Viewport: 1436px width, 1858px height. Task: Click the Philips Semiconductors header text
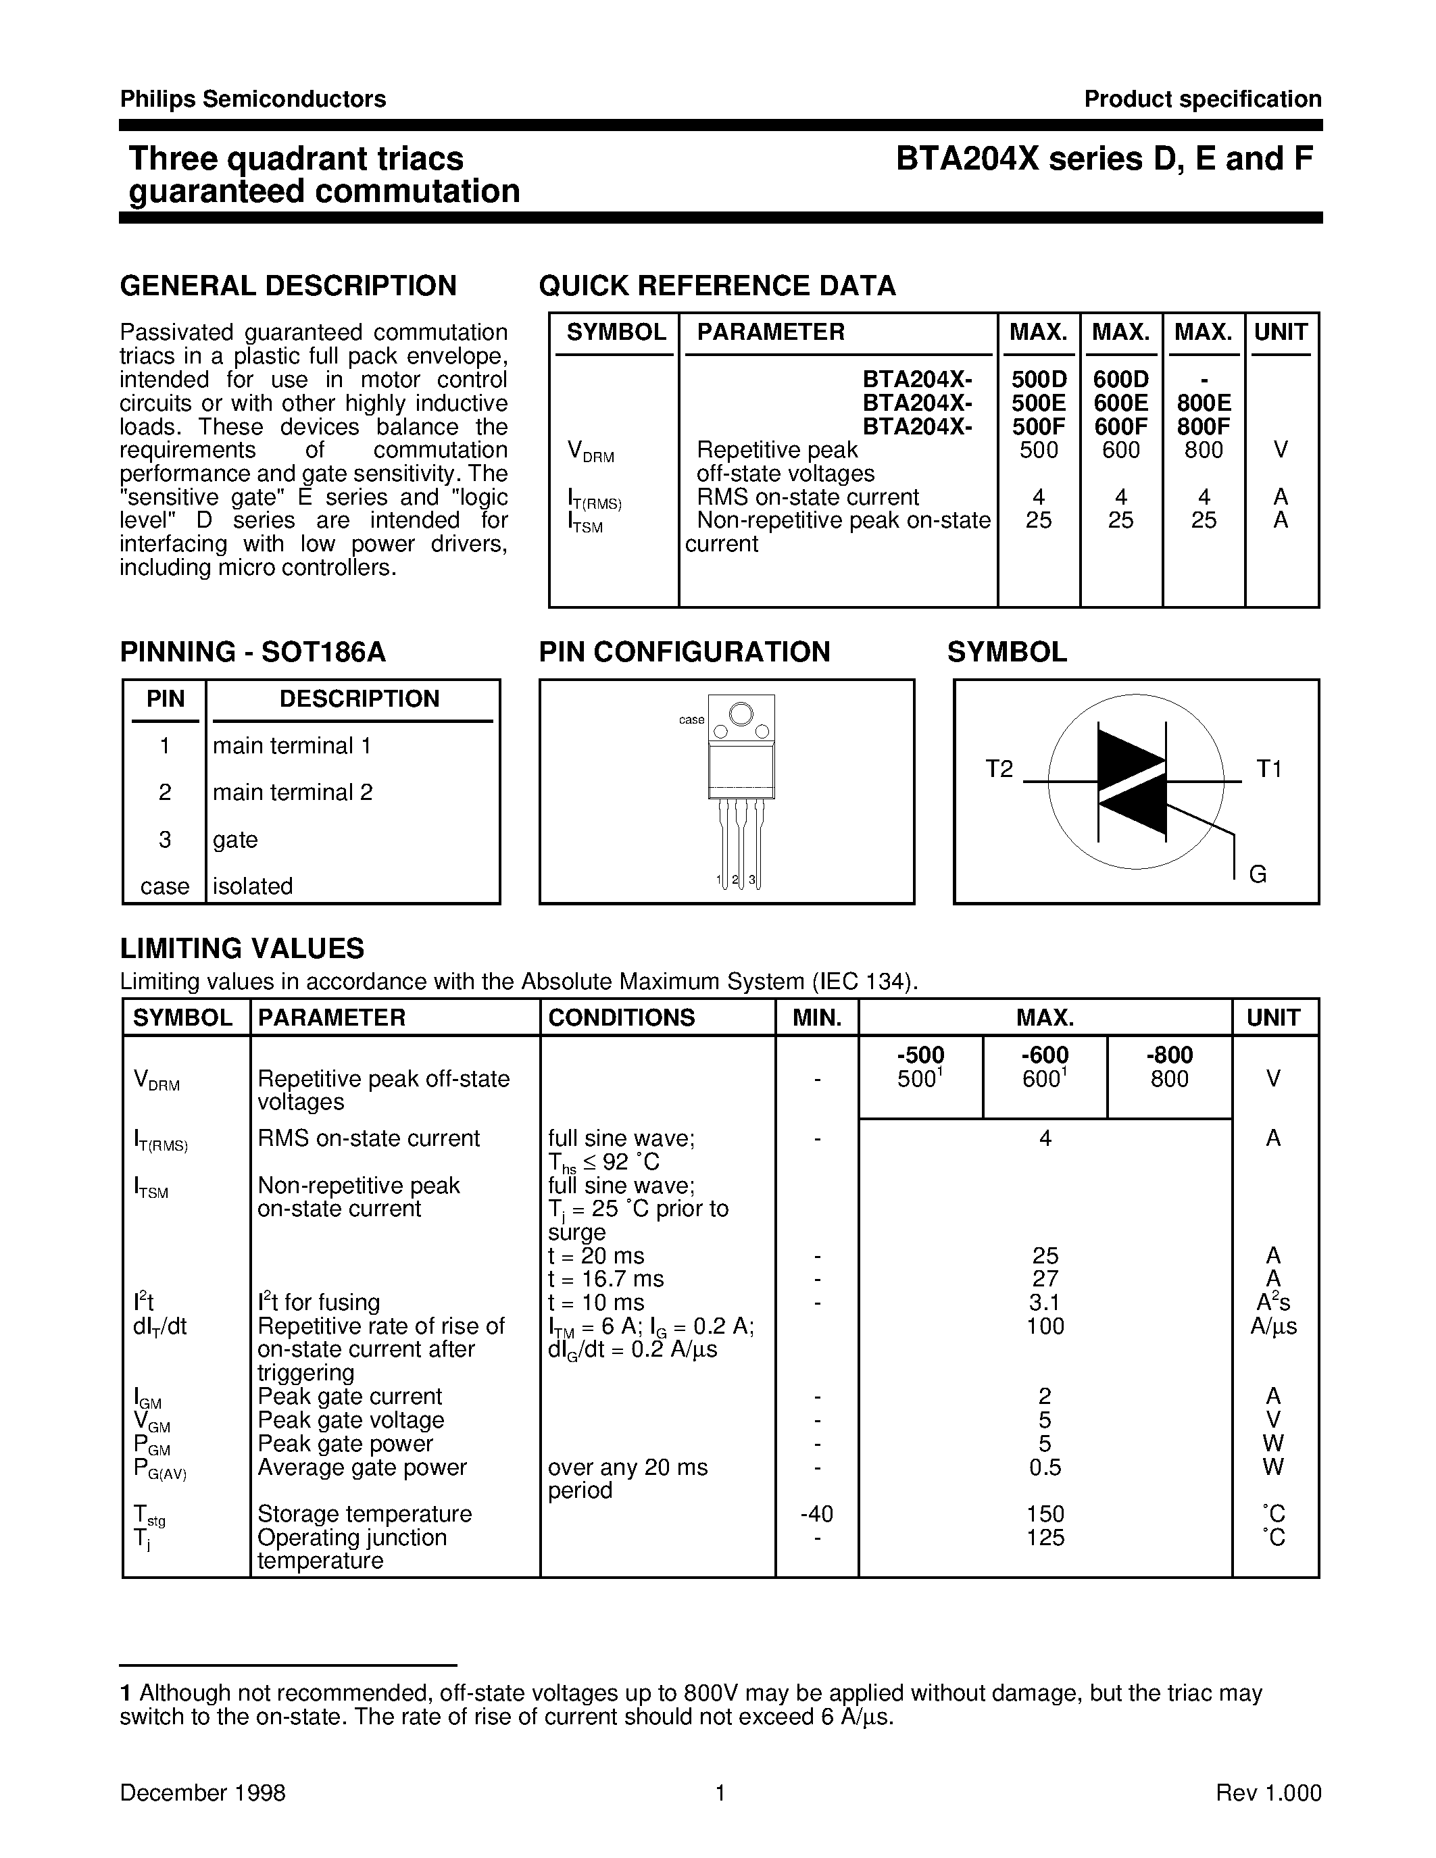tap(253, 99)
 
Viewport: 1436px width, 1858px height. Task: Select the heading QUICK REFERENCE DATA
tap(717, 286)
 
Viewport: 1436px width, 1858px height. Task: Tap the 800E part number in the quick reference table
tap(1203, 403)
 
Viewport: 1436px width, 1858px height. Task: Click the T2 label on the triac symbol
tap(999, 769)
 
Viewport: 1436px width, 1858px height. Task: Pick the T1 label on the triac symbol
tap(1268, 769)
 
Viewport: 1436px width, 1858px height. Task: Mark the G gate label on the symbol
tap(1258, 874)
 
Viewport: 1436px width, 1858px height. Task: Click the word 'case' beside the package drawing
tap(691, 720)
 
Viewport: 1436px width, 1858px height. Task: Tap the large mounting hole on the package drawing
tap(741, 713)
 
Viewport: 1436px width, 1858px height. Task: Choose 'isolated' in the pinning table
tap(253, 886)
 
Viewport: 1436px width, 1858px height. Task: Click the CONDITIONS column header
tap(621, 1018)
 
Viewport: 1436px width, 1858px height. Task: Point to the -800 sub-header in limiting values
tap(1169, 1055)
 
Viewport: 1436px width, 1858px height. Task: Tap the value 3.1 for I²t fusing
tap(1045, 1303)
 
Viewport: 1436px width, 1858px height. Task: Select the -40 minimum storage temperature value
tap(817, 1514)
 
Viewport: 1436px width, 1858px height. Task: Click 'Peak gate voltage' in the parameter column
tap(351, 1420)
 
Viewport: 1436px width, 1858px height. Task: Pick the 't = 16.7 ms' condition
tap(605, 1279)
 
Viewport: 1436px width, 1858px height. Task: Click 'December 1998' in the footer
tap(203, 1793)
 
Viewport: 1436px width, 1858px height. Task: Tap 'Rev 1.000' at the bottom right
tap(1268, 1793)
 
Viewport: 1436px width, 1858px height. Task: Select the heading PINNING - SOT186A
tap(253, 653)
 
